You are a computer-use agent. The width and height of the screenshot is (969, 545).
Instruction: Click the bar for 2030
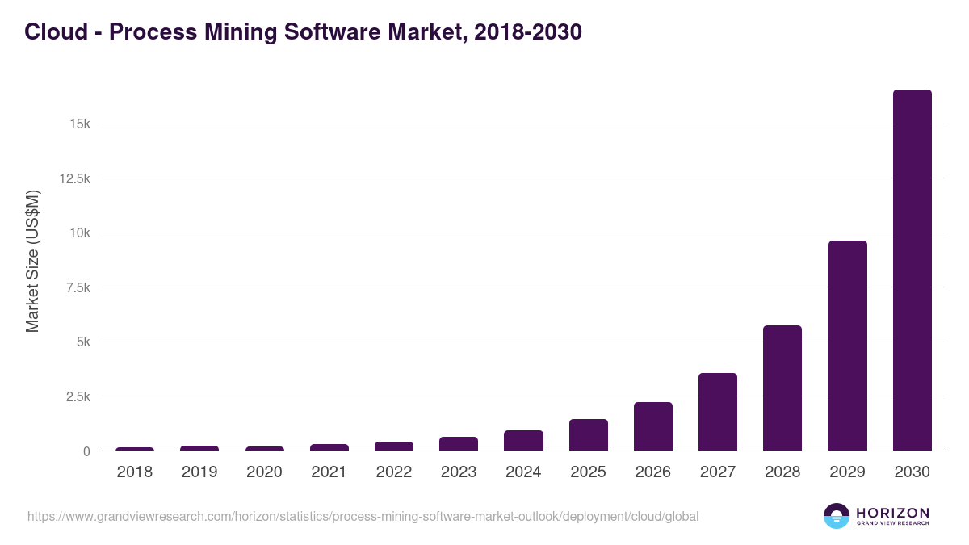(912, 270)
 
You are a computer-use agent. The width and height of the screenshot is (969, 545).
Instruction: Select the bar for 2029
(847, 346)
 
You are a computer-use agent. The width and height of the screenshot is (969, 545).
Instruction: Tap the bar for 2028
(782, 388)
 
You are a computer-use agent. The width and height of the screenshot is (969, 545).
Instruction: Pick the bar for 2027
(718, 412)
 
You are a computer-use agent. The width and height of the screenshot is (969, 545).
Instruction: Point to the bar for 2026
(652, 426)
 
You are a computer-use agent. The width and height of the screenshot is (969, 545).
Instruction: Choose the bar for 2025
(588, 435)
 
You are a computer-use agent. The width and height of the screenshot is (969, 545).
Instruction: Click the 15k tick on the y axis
(79, 124)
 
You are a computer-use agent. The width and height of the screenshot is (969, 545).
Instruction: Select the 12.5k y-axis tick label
(74, 178)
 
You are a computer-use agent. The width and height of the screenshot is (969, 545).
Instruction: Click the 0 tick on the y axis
(86, 451)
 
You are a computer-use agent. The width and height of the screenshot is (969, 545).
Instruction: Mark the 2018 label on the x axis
(135, 472)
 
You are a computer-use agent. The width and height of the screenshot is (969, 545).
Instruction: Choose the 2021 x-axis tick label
(329, 472)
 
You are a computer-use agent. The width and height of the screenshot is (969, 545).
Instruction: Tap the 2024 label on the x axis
(523, 472)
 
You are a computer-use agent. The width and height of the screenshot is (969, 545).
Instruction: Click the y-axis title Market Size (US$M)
(32, 261)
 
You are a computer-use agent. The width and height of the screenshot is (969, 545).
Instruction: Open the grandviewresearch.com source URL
(363, 516)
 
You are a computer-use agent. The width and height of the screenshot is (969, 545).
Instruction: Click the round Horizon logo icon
(837, 516)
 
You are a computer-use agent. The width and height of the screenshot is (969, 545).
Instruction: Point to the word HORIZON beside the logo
(892, 513)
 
